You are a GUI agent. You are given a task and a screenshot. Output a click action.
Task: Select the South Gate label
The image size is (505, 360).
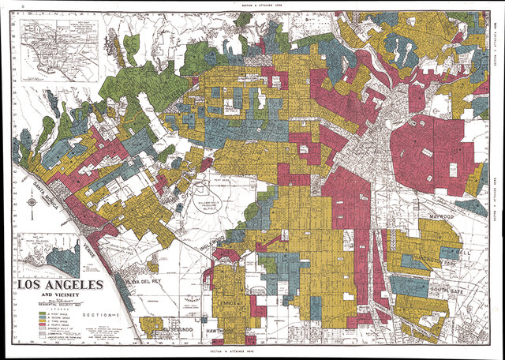(x=447, y=291)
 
